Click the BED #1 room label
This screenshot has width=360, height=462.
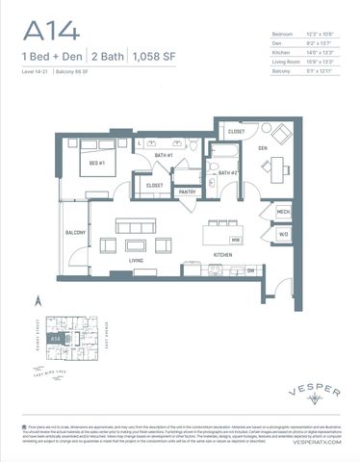point(97,165)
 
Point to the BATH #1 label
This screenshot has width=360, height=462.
point(164,155)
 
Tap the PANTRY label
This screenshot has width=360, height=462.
point(187,192)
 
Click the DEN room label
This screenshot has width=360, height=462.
point(261,148)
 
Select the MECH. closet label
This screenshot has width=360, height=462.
point(283,212)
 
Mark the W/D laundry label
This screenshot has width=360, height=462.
point(283,233)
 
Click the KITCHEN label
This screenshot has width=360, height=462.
point(223,254)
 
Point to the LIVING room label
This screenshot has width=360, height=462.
point(136,258)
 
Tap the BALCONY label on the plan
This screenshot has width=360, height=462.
point(75,232)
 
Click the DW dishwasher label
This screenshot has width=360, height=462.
point(250,270)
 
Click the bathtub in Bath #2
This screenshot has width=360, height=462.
point(225,150)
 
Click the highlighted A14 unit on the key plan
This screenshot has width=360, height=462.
point(55,339)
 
